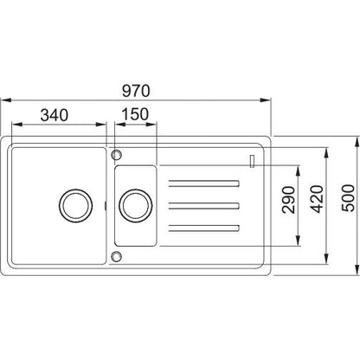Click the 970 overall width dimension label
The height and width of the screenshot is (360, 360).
click(x=136, y=91)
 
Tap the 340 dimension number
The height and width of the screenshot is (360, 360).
click(x=55, y=115)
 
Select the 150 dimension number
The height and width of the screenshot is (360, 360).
click(x=135, y=114)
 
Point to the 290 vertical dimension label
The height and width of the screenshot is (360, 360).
click(x=289, y=200)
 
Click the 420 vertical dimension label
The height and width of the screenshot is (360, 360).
click(x=318, y=199)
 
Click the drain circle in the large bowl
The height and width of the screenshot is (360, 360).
click(x=75, y=206)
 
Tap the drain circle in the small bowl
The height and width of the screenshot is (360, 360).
click(x=136, y=206)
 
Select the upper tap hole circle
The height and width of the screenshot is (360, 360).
click(x=117, y=155)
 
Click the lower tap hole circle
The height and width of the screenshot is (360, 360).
click(x=117, y=256)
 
